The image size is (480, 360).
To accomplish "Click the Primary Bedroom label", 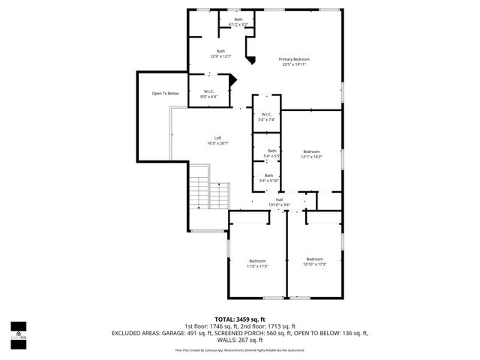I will click(x=294, y=59).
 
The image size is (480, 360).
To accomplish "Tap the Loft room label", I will click(x=217, y=138).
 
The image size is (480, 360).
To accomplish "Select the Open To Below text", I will click(x=165, y=93).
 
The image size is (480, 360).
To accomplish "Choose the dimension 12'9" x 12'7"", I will click(x=220, y=55).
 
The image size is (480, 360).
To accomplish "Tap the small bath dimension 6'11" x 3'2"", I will click(x=238, y=25).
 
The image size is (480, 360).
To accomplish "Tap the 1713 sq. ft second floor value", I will click(x=289, y=325).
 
